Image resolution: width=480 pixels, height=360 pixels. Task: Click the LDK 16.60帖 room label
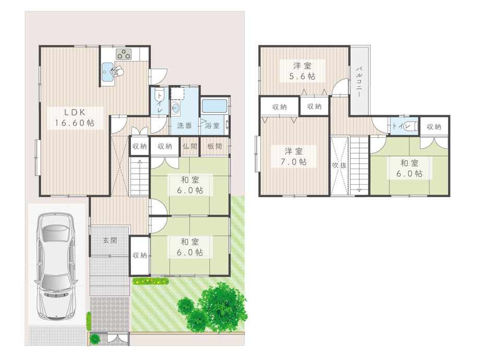pyautogui.click(x=75, y=117)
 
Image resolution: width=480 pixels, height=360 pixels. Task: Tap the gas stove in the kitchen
pyautogui.click(x=124, y=54)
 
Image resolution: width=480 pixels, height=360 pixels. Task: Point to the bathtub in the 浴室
pyautogui.click(x=214, y=105)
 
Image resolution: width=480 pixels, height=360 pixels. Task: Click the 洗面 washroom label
pyautogui.click(x=184, y=126)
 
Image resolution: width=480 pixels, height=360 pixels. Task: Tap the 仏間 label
pyautogui.click(x=190, y=146)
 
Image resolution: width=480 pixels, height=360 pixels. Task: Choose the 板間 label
pyautogui.click(x=214, y=146)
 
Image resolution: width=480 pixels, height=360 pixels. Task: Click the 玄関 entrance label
pyautogui.click(x=110, y=241)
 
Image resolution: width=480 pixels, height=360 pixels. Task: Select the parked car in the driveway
pyautogui.click(x=56, y=266)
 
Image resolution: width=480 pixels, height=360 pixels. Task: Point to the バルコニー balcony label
pyautogui.click(x=359, y=81)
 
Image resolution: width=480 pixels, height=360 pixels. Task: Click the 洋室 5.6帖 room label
pyautogui.click(x=302, y=71)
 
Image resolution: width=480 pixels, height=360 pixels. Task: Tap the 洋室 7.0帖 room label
pyautogui.click(x=294, y=157)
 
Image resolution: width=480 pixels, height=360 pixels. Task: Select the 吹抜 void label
pyautogui.click(x=339, y=165)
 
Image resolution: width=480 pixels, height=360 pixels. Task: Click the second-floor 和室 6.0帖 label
pyautogui.click(x=409, y=169)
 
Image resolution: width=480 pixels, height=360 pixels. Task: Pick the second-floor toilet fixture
pyautogui.click(x=411, y=126)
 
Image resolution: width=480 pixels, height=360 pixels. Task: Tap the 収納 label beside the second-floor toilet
pyautogui.click(x=434, y=126)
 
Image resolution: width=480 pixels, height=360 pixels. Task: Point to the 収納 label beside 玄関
pyautogui.click(x=140, y=255)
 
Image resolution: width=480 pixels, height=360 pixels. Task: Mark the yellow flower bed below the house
pyautogui.click(x=150, y=281)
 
